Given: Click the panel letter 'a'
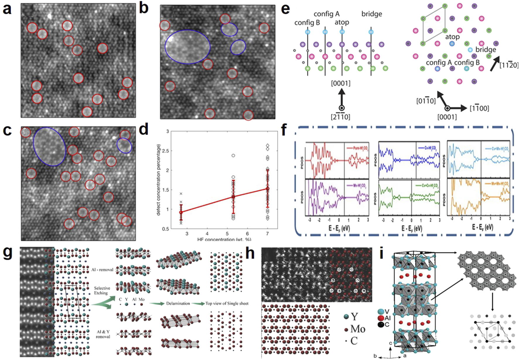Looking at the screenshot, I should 7,9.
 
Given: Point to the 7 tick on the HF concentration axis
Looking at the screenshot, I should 267,234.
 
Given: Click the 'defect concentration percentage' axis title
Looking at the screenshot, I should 158,180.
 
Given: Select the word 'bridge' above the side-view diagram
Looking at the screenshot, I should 371,14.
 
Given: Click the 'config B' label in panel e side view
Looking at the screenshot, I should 307,23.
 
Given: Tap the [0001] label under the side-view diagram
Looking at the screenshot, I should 340,83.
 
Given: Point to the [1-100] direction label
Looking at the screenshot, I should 479,108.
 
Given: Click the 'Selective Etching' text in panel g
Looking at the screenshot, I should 102,290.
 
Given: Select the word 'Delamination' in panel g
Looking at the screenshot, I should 178,304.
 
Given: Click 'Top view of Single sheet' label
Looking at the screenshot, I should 227,304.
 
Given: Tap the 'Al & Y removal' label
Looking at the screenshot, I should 103,334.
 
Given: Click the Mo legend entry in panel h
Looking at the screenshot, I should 354,329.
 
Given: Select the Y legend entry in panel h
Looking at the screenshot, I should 351,316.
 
